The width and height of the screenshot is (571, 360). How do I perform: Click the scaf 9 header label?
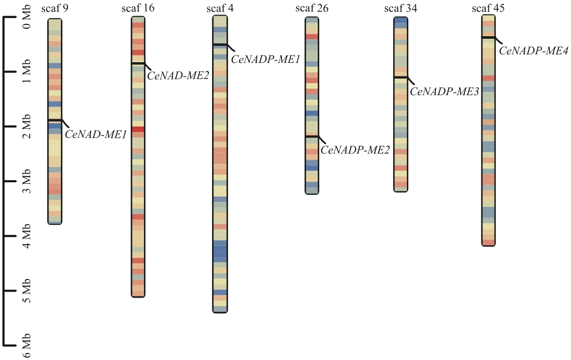pos(55,9)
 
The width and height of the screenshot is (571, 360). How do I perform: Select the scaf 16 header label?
pos(138,8)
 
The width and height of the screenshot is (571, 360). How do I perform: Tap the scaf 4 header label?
pos(220,8)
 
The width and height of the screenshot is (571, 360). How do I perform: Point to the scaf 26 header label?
pos(312,8)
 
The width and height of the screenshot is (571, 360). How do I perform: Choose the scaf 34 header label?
pos(400,8)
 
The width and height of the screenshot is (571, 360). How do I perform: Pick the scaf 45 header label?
pos(488,8)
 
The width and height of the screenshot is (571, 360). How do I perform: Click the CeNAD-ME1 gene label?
pos(95,134)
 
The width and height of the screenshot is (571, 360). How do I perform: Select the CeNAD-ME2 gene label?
pos(178,77)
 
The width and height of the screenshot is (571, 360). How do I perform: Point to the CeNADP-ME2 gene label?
pos(355,150)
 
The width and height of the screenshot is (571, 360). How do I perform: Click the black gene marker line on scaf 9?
pos(55,120)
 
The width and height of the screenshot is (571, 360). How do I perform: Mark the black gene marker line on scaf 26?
pos(312,136)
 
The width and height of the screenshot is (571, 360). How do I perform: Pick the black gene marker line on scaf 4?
pos(220,44)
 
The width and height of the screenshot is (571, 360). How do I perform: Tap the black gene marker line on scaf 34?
pos(400,77)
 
